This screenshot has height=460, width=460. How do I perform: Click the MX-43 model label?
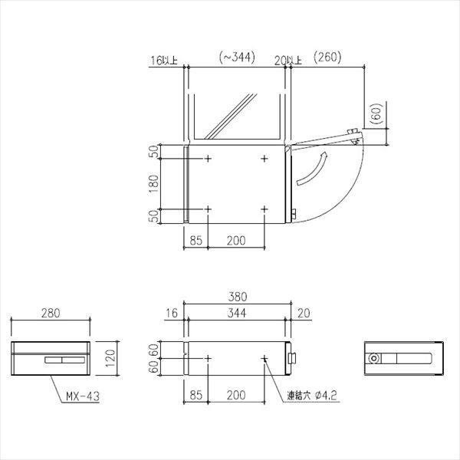83,396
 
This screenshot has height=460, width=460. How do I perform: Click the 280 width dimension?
51,313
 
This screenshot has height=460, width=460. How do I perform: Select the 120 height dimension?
110,358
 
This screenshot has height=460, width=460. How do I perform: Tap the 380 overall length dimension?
238,297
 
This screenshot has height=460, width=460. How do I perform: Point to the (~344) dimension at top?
237,58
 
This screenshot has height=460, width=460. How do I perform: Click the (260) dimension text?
327,57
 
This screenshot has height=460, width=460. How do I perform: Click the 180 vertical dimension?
154,184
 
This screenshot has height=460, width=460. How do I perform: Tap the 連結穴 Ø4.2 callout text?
312,396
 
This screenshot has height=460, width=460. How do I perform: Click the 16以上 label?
164,61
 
